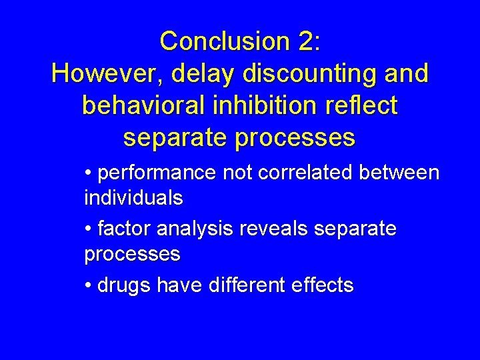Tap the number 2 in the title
(x=307, y=41)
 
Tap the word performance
(x=157, y=173)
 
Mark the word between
(x=399, y=173)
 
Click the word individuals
(x=133, y=198)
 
